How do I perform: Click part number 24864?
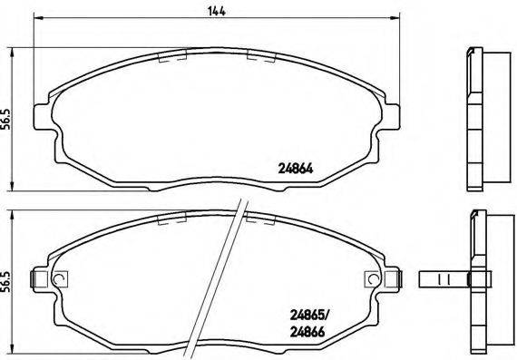294,166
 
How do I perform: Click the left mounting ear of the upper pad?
41,115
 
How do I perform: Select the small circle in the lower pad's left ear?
59,278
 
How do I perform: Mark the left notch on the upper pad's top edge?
172,56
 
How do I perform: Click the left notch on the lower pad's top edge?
172,219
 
